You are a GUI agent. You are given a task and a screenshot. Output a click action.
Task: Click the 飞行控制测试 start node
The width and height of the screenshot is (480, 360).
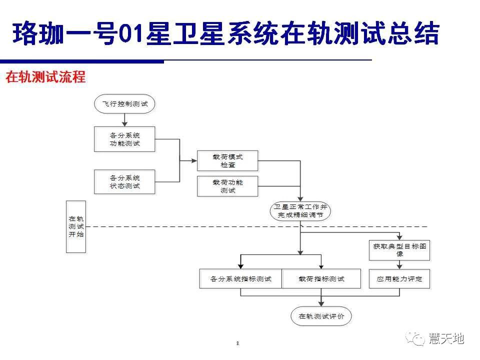point(124,104)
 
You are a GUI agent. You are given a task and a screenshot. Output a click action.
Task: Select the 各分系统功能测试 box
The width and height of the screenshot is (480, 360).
point(124,139)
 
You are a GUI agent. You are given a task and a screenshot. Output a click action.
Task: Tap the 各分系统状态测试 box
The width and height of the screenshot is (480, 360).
point(124,181)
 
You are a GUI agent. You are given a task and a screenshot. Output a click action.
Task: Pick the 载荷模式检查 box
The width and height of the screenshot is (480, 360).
point(227,160)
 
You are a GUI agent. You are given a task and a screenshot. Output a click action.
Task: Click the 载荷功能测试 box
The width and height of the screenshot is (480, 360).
point(227,186)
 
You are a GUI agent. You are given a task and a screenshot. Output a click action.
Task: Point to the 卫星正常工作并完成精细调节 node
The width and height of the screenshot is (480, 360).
point(300,211)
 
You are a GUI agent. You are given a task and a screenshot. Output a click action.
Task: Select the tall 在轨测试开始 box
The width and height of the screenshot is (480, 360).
point(76,227)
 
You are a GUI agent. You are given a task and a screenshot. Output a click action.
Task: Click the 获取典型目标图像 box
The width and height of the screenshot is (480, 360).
point(399,250)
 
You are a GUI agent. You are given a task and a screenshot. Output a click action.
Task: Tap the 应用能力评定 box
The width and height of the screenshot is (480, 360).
point(399,279)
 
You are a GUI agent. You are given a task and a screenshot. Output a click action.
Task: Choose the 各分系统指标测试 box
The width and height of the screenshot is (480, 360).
point(240,279)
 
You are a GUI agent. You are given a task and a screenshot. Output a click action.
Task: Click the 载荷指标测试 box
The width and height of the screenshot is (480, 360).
point(321,279)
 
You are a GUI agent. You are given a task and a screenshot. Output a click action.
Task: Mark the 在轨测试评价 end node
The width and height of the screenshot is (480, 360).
point(321,316)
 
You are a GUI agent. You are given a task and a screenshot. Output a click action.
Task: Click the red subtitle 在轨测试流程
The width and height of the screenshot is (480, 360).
point(45,76)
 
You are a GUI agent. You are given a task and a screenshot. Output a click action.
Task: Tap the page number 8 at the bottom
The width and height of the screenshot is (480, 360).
point(237,343)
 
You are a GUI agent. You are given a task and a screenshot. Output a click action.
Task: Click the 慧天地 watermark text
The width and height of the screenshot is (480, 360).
point(446,338)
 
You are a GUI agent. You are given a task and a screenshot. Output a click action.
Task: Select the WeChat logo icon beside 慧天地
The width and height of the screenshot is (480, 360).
point(415,339)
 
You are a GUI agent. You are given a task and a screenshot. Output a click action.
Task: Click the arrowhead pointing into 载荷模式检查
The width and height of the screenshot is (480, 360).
point(194,160)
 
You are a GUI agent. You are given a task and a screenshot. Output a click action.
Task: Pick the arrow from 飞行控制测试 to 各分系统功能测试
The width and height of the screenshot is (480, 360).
point(124,120)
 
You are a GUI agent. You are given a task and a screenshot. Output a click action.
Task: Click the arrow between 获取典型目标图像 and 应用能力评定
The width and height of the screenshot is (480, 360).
point(399,265)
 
